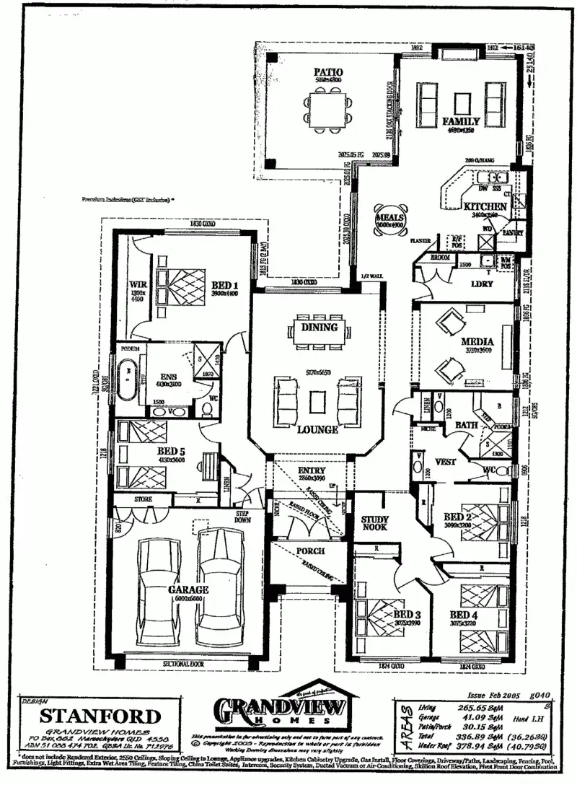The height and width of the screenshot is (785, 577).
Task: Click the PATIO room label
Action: (327, 72)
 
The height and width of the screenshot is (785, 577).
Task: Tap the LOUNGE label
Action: (317, 429)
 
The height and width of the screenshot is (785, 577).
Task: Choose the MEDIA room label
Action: (477, 341)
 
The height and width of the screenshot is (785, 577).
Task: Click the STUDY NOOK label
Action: (375, 524)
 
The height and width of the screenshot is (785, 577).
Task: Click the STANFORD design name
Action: (100, 716)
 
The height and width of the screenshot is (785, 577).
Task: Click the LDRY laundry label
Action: (481, 284)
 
